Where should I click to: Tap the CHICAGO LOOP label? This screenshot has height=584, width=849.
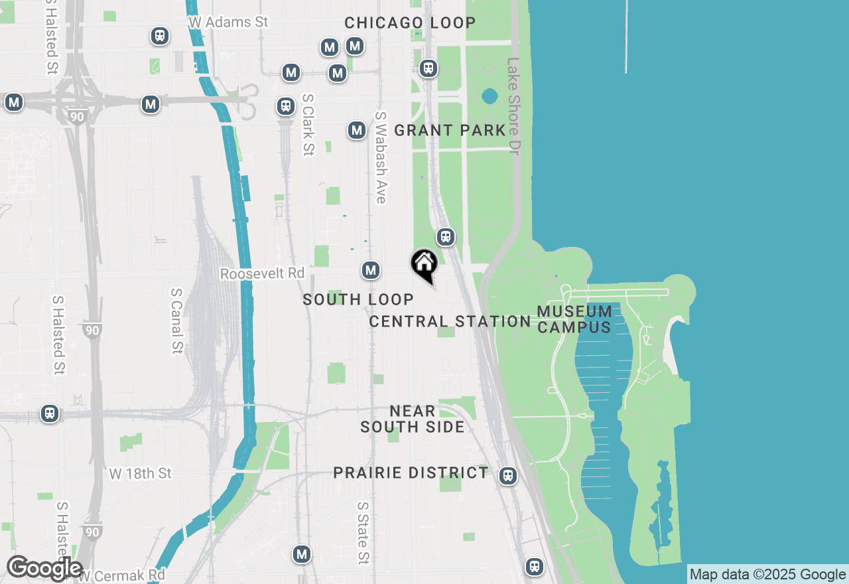[x=410, y=23]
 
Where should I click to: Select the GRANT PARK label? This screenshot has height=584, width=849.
[x=450, y=130]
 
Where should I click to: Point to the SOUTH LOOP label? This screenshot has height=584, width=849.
[x=358, y=300]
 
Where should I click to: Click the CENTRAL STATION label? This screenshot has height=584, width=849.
[x=450, y=322]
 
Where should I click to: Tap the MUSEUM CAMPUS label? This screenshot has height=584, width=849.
[x=574, y=319]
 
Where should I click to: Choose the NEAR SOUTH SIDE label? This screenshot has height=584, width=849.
[x=413, y=419]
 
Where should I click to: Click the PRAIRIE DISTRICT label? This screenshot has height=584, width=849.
[x=411, y=473]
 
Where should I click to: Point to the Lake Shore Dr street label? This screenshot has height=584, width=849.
[x=513, y=106]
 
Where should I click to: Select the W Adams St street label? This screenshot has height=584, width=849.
[x=228, y=22]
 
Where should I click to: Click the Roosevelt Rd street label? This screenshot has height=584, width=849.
[x=262, y=273]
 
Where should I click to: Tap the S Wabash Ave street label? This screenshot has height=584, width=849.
[x=381, y=157]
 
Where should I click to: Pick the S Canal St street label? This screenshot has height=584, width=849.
[x=176, y=321]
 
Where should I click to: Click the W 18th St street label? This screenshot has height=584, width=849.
[x=140, y=473]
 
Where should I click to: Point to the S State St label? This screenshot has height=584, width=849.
[x=362, y=533]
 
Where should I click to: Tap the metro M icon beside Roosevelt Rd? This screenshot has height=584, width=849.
[x=371, y=270]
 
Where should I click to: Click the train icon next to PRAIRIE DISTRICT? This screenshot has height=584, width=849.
[x=508, y=475]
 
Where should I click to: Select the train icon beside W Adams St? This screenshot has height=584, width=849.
[x=159, y=35]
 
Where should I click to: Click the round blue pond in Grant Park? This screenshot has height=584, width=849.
[x=490, y=97]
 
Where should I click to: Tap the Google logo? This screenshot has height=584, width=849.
[x=44, y=568]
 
